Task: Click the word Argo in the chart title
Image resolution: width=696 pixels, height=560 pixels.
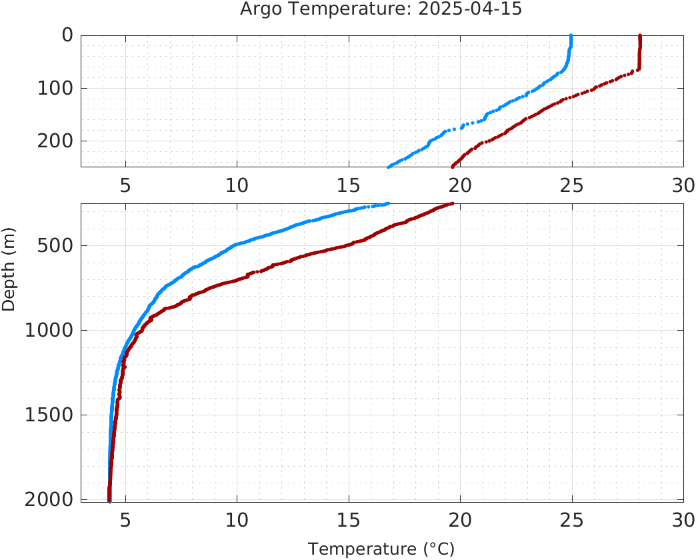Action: coord(258,9)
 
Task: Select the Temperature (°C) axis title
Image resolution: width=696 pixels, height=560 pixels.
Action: coord(381,549)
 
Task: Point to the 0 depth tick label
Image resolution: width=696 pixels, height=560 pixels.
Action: coord(67,35)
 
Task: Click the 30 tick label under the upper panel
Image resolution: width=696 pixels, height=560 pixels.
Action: coord(683,185)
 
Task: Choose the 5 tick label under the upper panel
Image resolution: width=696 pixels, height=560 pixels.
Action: coord(125,185)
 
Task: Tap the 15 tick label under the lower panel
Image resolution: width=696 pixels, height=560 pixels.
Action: coord(349,520)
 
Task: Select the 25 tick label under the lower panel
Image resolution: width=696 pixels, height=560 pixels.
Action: coord(572,520)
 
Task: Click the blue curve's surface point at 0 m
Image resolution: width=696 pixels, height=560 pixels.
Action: coord(571,36)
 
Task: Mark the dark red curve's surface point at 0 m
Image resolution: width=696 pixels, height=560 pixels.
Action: coord(640,36)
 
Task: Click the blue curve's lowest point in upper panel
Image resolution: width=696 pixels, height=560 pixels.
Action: coord(389,167)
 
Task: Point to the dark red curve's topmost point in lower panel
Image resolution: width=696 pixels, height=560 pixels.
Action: coord(453,203)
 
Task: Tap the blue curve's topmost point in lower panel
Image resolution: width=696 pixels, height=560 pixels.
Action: coord(388,203)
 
